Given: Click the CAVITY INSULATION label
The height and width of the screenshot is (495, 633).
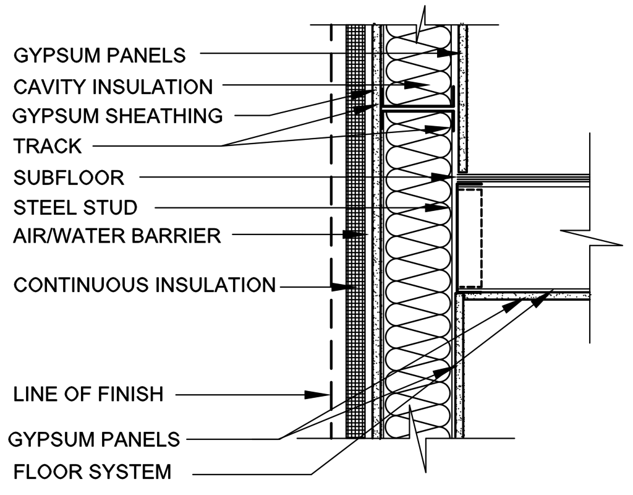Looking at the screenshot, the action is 113,87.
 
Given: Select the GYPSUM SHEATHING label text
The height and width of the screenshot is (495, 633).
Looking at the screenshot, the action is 117,116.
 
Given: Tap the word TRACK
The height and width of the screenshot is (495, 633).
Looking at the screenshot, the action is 48,146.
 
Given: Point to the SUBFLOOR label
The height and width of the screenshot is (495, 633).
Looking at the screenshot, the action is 69,178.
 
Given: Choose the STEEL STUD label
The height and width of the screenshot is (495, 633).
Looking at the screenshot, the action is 75,208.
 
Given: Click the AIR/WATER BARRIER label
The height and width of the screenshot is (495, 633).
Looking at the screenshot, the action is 117,236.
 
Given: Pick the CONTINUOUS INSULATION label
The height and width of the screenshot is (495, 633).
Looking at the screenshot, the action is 145,285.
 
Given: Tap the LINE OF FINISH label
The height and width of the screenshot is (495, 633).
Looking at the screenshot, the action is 88,394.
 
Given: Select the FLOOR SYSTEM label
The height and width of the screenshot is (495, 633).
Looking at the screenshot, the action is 93,471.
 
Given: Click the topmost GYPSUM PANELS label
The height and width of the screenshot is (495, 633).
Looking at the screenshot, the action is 100,55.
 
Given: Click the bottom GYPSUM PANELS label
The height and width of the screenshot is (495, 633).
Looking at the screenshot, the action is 94,439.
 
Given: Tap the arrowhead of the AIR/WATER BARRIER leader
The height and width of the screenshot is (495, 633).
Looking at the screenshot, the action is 350,234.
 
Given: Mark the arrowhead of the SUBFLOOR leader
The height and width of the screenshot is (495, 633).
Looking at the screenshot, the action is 441,177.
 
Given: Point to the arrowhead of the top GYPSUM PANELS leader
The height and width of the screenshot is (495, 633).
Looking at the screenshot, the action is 448,53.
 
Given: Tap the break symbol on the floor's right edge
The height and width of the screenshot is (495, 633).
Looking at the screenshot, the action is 592,238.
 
